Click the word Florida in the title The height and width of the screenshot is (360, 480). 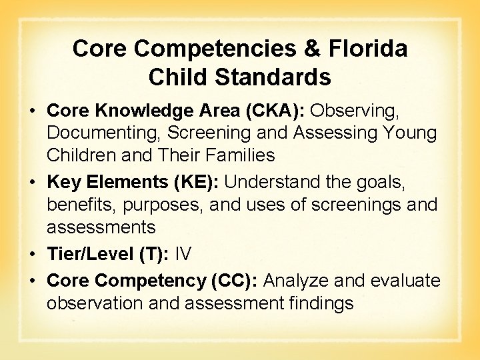371,48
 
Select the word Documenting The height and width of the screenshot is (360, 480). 99,133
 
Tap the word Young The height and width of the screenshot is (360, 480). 409,133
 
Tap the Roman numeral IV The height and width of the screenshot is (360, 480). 183,253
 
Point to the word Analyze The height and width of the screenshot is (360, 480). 295,281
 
